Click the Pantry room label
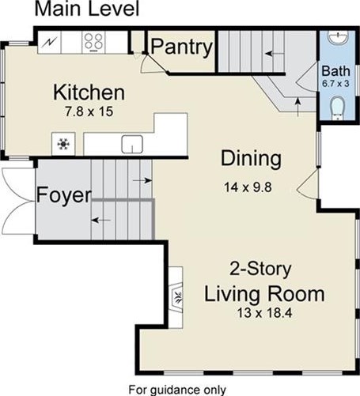tap(182, 47)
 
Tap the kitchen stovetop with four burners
tap(93, 42)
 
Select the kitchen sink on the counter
tap(132, 144)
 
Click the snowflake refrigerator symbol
tap(63, 144)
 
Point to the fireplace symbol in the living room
tap(176, 297)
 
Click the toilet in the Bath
tap(337, 107)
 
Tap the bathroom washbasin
tap(339, 38)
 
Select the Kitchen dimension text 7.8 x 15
tap(89, 111)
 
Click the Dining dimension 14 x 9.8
tap(248, 187)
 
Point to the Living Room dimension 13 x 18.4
tap(264, 313)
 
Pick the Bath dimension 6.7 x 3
tap(335, 84)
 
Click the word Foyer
tap(64, 195)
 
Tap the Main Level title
tap(87, 9)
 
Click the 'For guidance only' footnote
tap(177, 390)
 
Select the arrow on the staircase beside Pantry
tap(275, 54)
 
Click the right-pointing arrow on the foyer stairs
tap(142, 180)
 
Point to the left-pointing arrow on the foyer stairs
tap(100, 220)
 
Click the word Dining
tap(251, 159)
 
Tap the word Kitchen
tap(89, 92)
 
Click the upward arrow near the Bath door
tap(298, 107)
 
